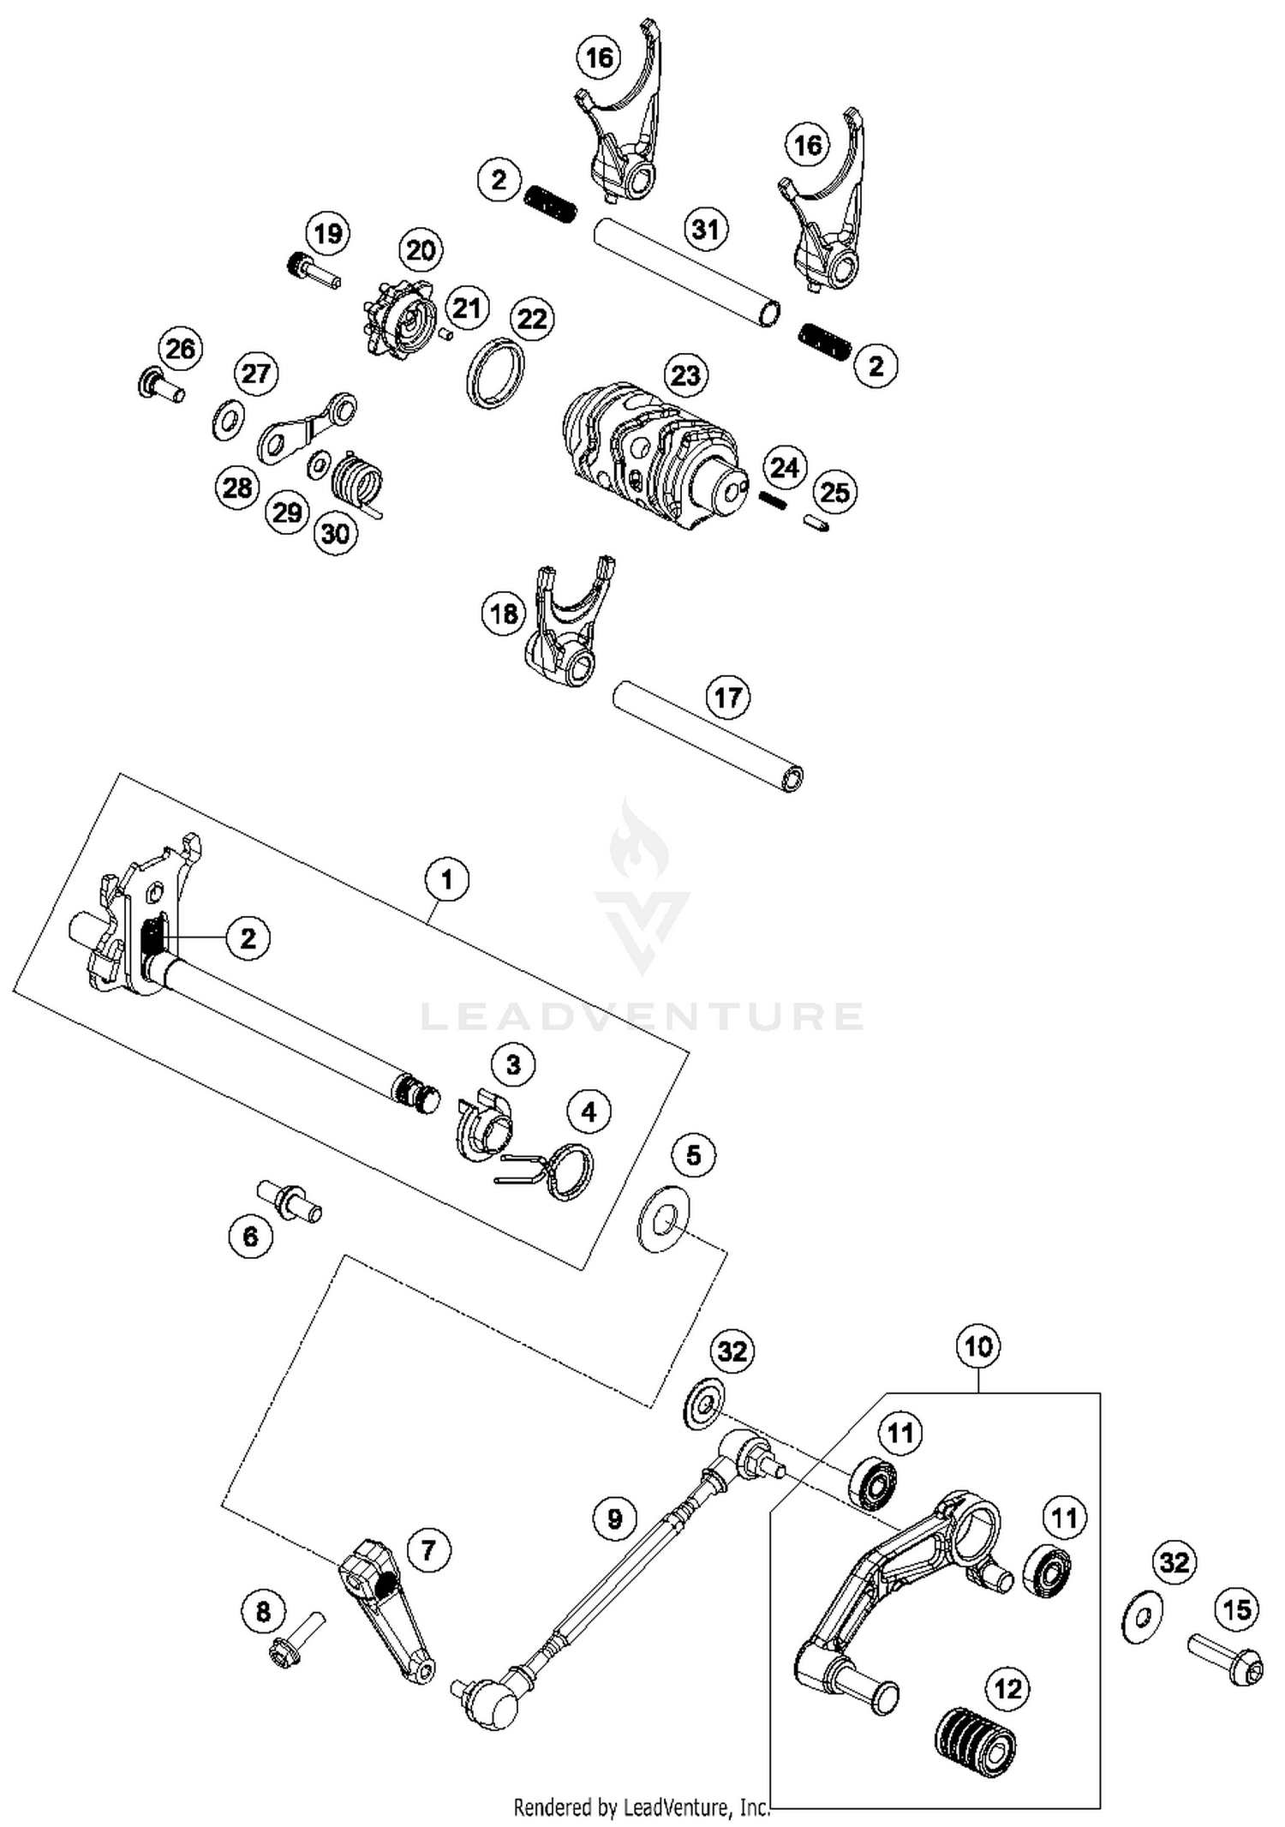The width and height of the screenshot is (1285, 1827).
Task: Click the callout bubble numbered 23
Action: click(685, 375)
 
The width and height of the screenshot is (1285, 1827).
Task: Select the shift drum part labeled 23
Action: click(651, 458)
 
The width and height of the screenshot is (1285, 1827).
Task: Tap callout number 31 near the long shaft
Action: click(705, 229)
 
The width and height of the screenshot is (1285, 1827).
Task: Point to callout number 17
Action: click(727, 697)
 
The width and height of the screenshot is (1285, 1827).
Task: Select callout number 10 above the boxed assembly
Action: click(977, 1345)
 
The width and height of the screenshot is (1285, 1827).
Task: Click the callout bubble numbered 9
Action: click(614, 1519)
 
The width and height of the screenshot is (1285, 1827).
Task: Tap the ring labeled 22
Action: click(495, 373)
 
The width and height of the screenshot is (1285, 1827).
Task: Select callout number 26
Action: click(180, 349)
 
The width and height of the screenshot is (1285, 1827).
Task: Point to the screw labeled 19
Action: click(312, 271)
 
